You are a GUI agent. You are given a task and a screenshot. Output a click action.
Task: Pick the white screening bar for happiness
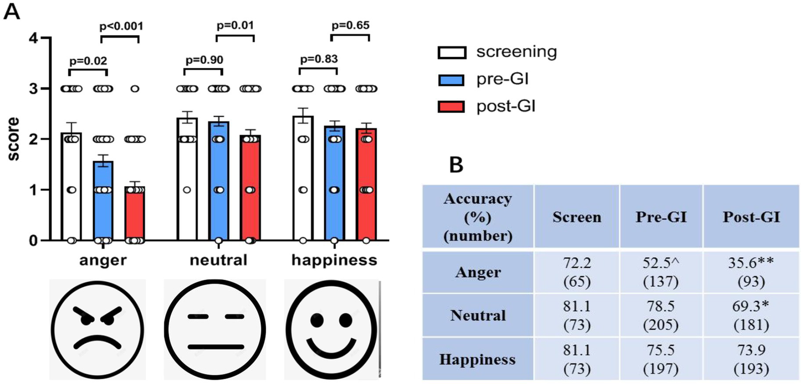[303, 178]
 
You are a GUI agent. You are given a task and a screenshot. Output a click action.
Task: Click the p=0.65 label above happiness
[350, 26]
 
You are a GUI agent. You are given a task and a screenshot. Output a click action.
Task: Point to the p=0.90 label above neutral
[204, 58]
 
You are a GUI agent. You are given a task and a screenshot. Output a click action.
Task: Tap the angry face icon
[98, 328]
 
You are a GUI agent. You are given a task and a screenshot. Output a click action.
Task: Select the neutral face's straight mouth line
[215, 346]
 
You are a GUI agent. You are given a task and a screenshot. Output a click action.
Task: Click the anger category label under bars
[103, 260]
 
